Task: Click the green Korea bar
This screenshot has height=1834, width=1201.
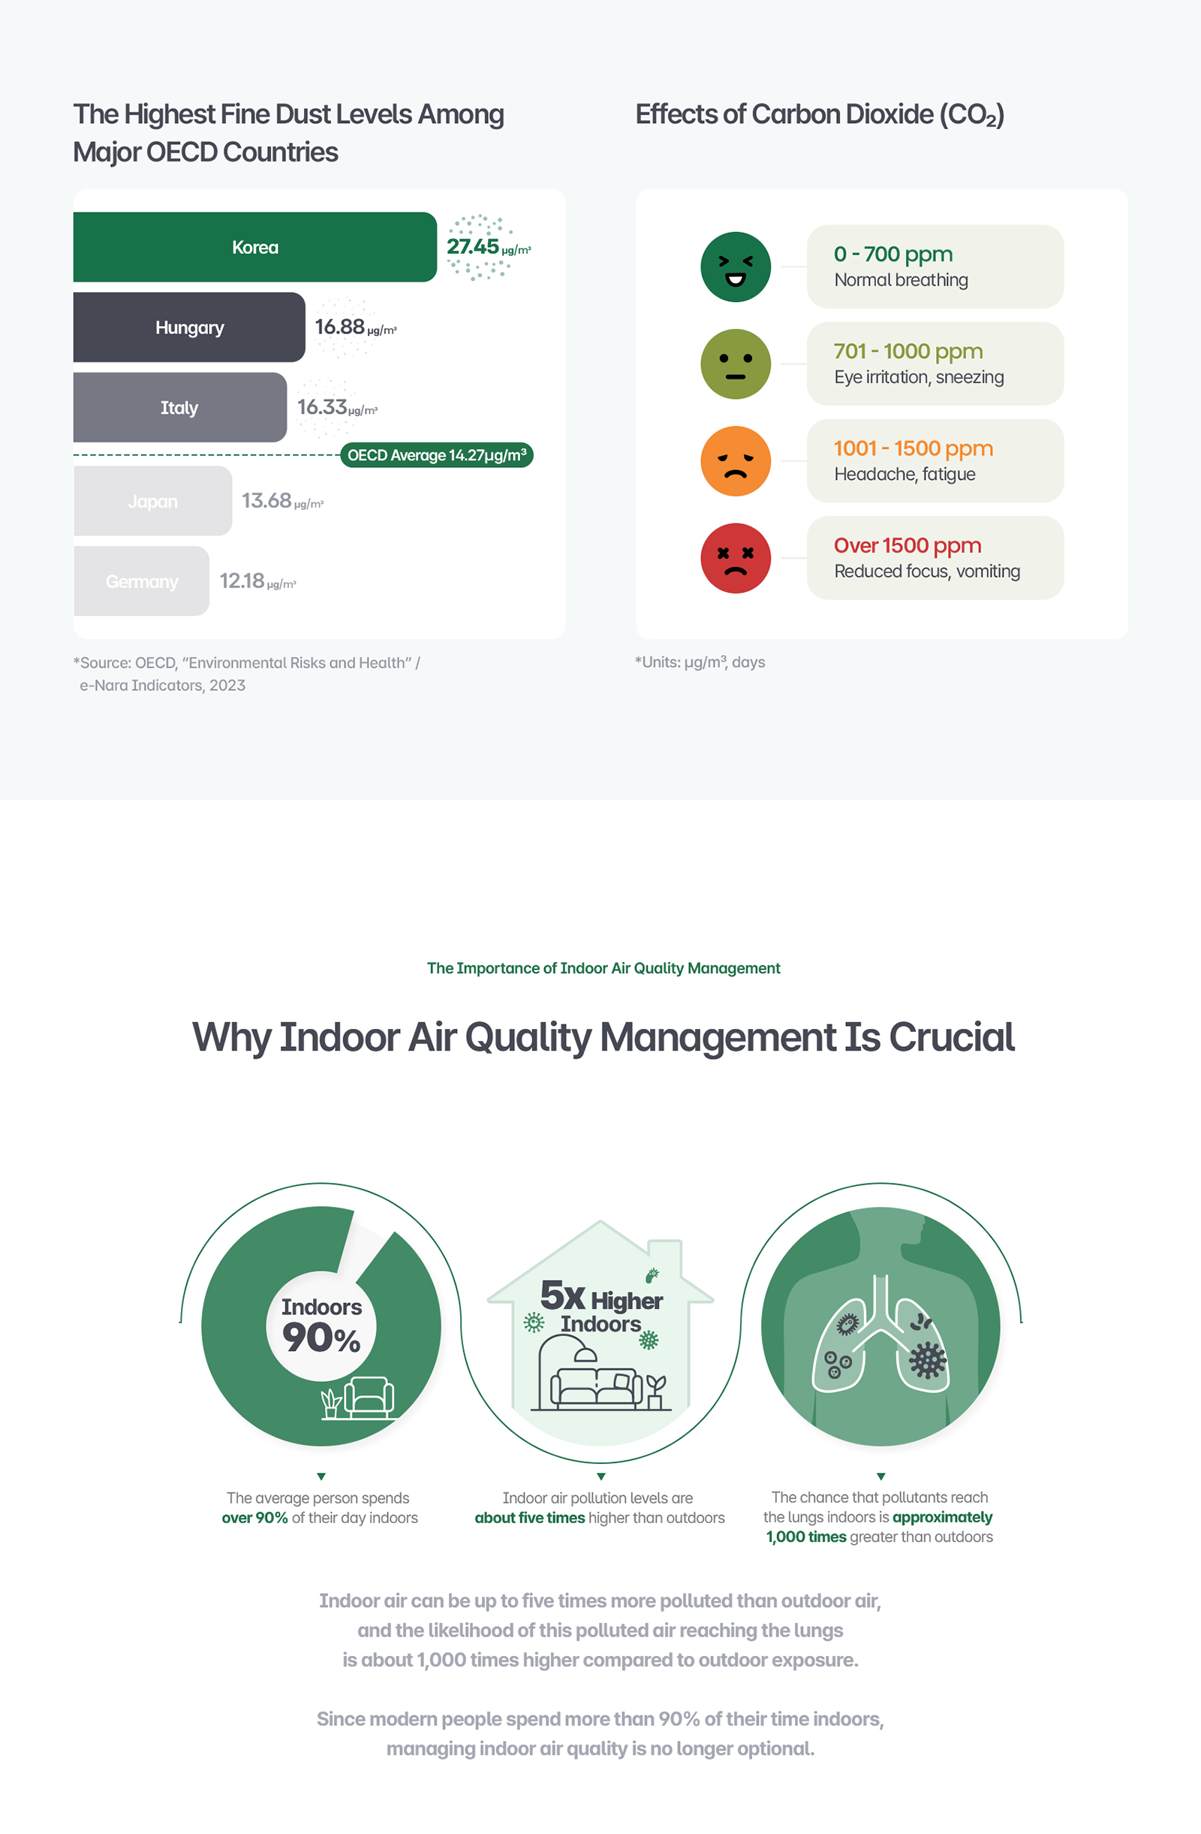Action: pos(254,247)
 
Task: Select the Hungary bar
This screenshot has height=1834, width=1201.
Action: pos(188,327)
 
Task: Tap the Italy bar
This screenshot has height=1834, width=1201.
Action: pos(179,408)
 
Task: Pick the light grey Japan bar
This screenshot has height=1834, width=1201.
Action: pos(152,501)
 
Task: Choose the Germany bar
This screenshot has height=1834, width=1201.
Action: pos(141,581)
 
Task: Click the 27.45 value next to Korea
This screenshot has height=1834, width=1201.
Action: pos(473,246)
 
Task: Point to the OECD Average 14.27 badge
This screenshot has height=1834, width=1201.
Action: pos(437,455)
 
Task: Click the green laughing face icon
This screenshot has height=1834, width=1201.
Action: pos(735,267)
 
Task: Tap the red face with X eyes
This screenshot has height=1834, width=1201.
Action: pos(735,558)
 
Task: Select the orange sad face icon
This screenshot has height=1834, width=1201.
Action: pos(735,461)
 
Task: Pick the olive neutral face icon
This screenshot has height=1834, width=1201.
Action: pos(735,363)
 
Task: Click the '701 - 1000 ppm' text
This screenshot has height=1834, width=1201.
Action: pos(908,351)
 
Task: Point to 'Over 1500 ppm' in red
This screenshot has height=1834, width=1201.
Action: pos(907,545)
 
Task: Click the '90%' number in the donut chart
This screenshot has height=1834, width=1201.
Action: pos(321,1338)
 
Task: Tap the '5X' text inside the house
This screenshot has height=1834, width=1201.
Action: pos(562,1296)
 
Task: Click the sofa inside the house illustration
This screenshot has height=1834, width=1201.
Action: pos(595,1387)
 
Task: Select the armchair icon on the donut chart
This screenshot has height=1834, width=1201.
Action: pos(369,1397)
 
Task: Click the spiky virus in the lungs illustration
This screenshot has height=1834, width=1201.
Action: pos(928,1360)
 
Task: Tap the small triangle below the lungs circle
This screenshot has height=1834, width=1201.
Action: pos(880,1477)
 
